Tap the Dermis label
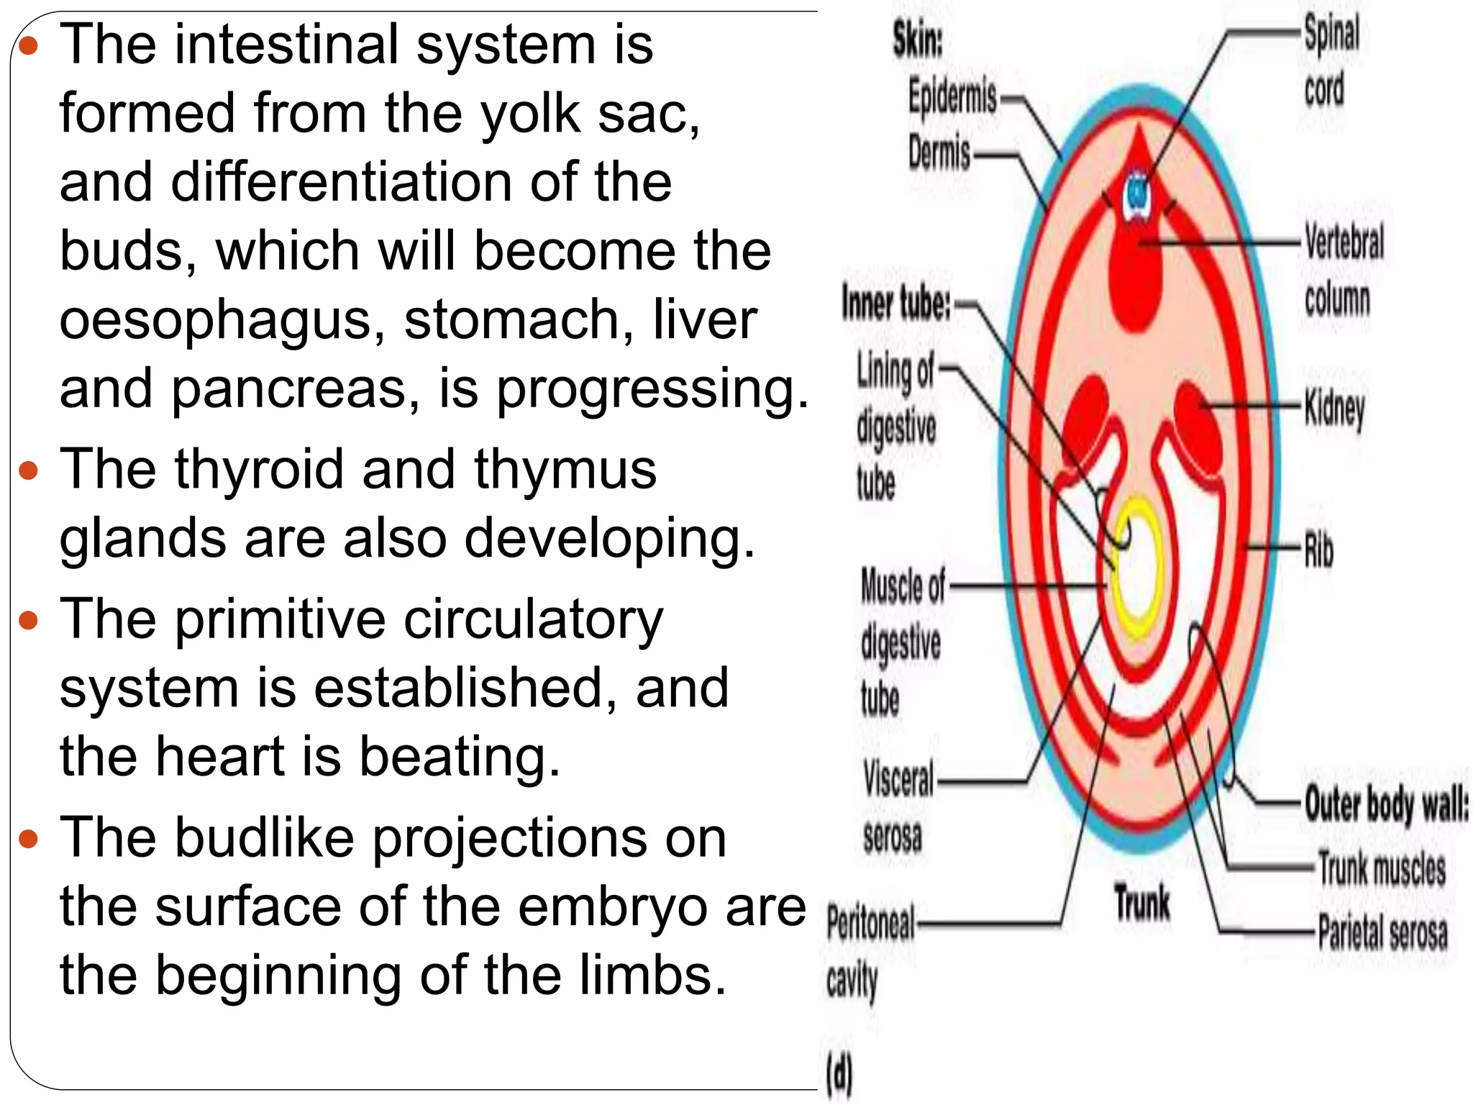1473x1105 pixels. tap(939, 153)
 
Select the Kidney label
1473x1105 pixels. tap(1334, 409)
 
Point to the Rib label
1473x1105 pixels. tap(1319, 550)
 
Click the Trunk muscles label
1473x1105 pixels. tap(1381, 868)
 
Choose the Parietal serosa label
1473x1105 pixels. tap(1382, 932)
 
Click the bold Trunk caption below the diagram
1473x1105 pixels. tap(1142, 903)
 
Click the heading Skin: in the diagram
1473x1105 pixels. tap(917, 39)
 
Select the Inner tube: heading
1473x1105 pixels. tap(896, 303)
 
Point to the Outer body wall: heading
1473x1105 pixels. tap(1386, 804)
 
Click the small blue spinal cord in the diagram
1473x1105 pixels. tap(1137, 193)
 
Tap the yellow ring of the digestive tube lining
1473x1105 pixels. tap(1136, 503)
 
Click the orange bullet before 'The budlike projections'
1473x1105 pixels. tap(28, 838)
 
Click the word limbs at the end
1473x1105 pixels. tap(648, 976)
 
